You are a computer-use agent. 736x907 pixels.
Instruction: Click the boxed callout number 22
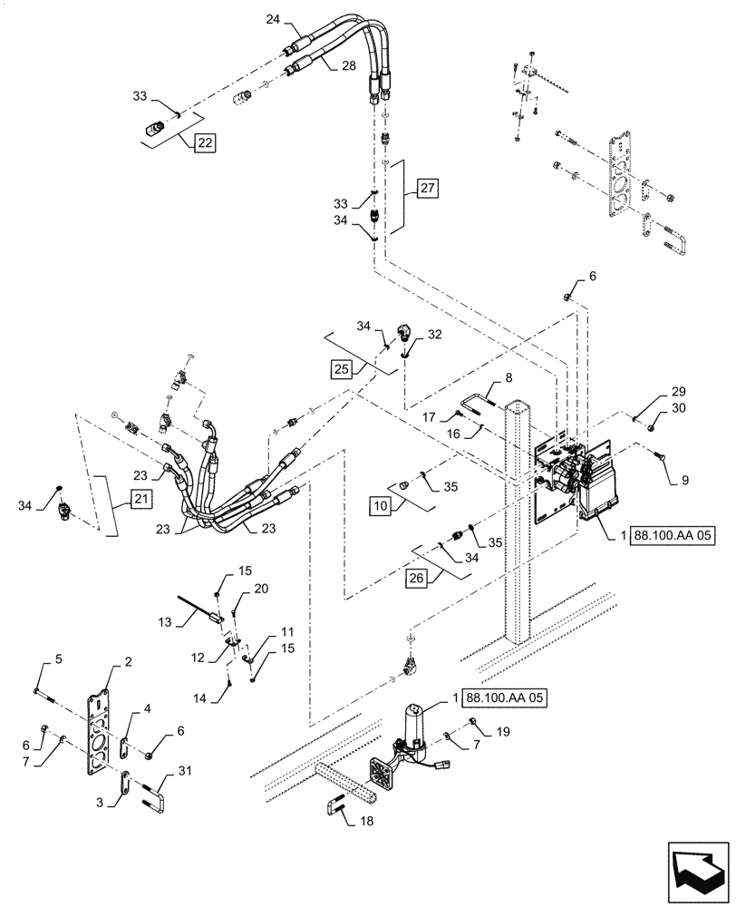coord(204,142)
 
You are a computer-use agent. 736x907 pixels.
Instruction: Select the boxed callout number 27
coord(428,190)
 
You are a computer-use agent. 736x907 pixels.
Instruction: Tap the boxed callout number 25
coord(342,370)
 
